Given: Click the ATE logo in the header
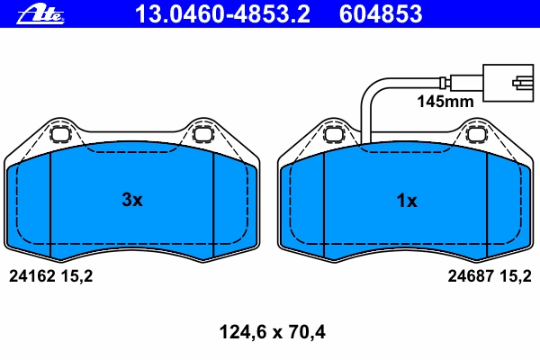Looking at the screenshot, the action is click(x=40, y=14).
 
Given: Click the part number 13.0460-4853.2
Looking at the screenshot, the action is click(x=222, y=14).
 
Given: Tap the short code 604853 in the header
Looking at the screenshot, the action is click(x=381, y=14).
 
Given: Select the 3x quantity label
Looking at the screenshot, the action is click(x=132, y=200).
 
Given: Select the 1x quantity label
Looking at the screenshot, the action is click(x=407, y=201).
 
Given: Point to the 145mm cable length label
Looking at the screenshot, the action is click(x=445, y=102).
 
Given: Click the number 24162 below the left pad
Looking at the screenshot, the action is click(x=32, y=276).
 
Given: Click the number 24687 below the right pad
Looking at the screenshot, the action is click(x=471, y=276).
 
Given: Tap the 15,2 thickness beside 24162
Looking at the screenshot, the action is click(x=76, y=276).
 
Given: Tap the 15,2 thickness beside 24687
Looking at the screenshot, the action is click(x=516, y=276).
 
